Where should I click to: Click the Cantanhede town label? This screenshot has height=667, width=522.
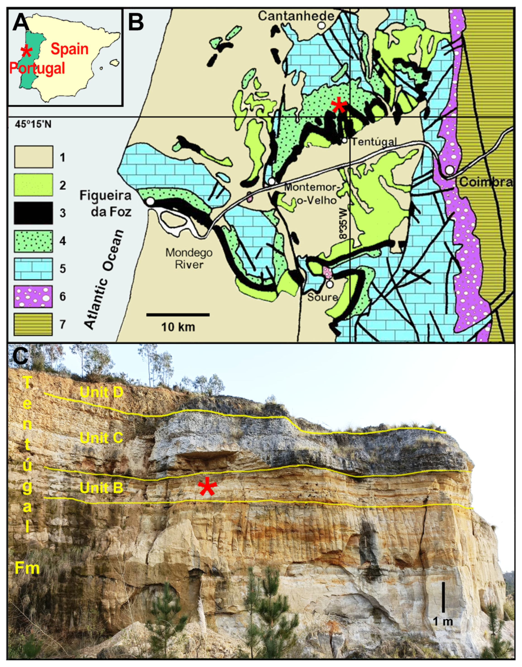coord(296,16)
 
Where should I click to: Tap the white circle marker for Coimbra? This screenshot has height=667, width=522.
coord(449,170)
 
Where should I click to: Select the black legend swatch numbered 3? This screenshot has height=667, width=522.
coord(34,213)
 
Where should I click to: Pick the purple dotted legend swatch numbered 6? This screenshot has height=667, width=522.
coord(34,296)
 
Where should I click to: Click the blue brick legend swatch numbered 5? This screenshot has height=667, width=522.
coord(34,269)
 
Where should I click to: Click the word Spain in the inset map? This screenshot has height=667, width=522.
coord(70,49)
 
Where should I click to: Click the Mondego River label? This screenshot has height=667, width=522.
coord(189,258)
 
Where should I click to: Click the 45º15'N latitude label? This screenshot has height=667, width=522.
coord(33,124)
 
